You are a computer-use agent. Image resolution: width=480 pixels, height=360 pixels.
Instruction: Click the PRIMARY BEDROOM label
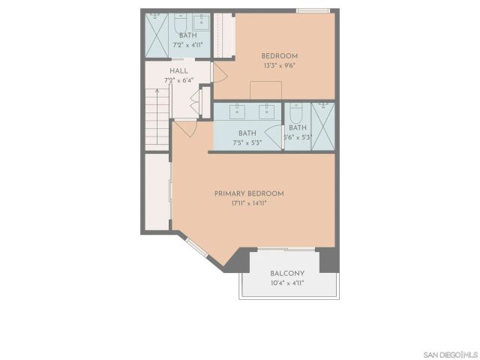[x=249, y=193]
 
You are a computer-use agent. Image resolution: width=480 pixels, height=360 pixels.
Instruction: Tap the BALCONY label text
[x=289, y=273]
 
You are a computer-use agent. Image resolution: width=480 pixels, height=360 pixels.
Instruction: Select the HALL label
[x=178, y=70]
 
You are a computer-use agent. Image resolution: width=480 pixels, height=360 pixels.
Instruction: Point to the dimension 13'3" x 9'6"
[x=279, y=65]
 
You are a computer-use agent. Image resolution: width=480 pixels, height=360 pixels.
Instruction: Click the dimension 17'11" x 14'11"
[x=249, y=203]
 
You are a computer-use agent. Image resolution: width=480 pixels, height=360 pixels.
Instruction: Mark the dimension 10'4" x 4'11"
[x=289, y=283]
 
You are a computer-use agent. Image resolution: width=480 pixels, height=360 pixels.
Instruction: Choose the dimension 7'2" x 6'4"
[x=178, y=80]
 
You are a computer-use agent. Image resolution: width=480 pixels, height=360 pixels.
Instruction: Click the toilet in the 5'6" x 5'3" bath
[x=295, y=115]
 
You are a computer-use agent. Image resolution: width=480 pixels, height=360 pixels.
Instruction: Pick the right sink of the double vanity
[x=265, y=112]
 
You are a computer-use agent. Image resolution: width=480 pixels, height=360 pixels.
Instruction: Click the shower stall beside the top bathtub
[x=156, y=34]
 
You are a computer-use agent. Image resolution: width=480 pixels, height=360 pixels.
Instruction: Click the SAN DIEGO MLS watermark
[x=449, y=353]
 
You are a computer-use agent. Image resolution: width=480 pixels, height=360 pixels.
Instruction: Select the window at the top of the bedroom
[x=312, y=10]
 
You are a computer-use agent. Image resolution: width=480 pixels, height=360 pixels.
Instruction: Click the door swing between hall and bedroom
[x=220, y=73]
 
